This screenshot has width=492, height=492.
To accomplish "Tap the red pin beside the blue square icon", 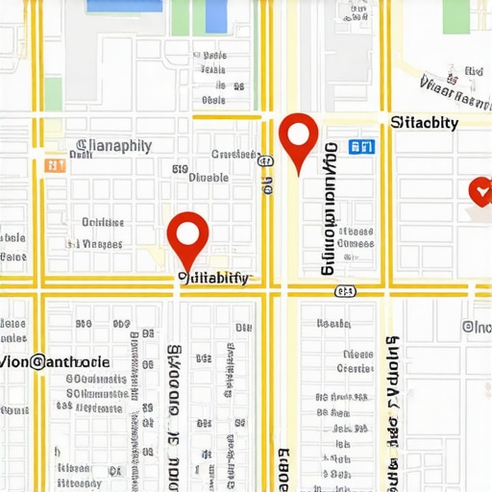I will point(298,139).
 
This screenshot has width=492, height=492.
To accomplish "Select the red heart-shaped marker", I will point(479,191).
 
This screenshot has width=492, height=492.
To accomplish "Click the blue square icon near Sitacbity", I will point(361,147).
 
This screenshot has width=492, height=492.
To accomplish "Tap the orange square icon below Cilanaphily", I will point(54,165).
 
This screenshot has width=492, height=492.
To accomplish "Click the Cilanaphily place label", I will point(112,146).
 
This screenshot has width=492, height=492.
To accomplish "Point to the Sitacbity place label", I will point(425,123).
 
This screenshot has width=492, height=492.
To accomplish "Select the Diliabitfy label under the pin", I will point(213,279).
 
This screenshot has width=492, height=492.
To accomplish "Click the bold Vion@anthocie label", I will point(55,362).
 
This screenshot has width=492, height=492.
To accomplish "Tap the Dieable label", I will point(209,178).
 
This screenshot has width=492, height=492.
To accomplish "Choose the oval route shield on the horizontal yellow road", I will point(345,290).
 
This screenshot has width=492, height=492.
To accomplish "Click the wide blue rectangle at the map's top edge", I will point(125,6).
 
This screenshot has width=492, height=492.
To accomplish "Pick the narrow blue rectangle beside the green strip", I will point(217,14).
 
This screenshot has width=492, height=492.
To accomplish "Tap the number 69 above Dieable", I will point(180,169).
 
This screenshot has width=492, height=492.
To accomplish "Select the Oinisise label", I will point(103,222).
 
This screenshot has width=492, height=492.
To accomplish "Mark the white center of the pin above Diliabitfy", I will point(187,231).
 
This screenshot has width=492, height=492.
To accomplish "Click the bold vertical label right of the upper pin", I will point(330,208).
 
